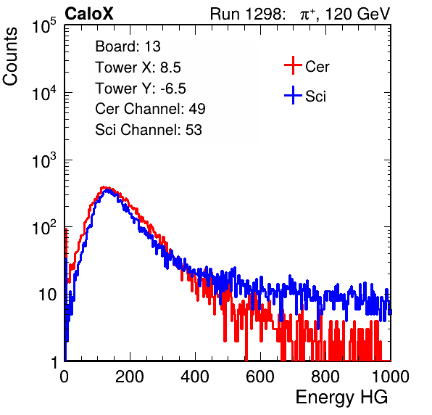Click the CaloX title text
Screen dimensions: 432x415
point(89,14)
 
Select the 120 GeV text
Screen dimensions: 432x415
point(357,14)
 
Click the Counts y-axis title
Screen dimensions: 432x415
point(10,57)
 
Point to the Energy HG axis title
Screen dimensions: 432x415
point(341,398)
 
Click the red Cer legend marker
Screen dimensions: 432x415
point(293,65)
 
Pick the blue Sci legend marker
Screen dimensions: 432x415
point(293,95)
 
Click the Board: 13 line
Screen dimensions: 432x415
point(128,46)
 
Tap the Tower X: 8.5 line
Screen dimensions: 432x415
point(138,67)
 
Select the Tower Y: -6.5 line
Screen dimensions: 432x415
point(141,89)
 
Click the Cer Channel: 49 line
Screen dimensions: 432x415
point(150,109)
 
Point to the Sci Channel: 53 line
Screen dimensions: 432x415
point(149,130)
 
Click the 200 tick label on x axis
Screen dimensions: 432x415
point(130,377)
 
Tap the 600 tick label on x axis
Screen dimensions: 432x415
point(260,377)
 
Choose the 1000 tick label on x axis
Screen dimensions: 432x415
point(391,377)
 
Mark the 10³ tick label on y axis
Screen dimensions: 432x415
point(44,160)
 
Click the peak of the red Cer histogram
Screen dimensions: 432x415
point(104,187)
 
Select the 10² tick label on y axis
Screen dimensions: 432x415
point(44,227)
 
